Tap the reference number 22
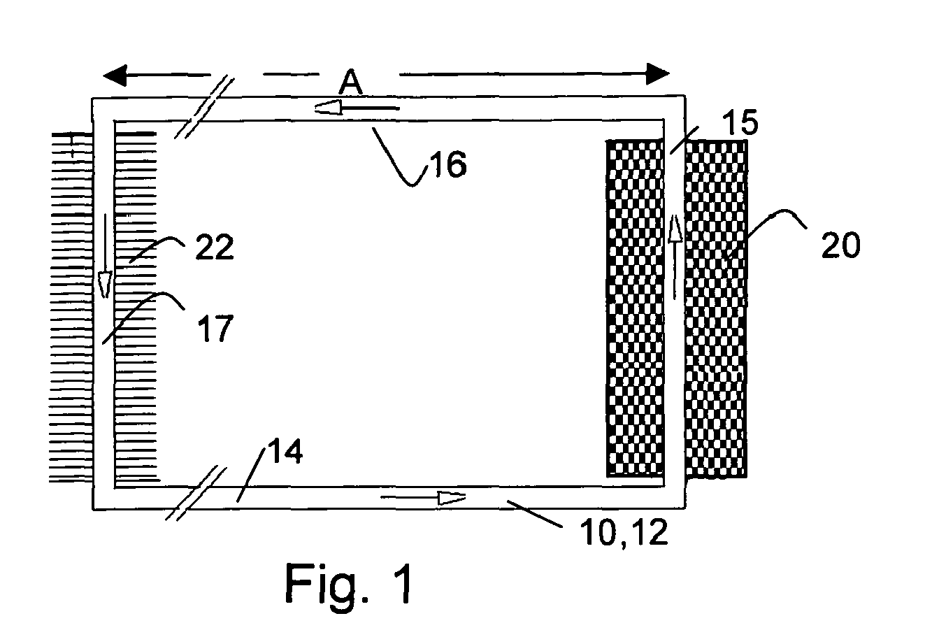213,248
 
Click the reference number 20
841,245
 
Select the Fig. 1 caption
350,585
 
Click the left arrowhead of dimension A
115,73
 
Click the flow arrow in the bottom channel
424,498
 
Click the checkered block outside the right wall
716,308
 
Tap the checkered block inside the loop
634,308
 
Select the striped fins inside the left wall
136,308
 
